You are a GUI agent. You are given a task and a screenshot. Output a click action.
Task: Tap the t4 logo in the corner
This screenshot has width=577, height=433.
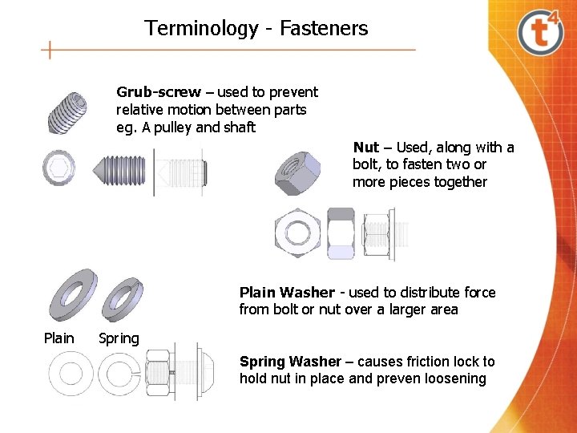(x=542, y=31)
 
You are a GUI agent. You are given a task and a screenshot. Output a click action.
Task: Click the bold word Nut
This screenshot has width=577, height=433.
(x=365, y=148)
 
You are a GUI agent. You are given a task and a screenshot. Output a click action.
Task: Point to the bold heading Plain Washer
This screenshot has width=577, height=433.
(x=287, y=293)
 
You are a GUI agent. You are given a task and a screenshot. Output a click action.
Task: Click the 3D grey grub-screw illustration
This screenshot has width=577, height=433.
(x=67, y=112)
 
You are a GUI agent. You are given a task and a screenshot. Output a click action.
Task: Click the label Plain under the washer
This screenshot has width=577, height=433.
(x=59, y=338)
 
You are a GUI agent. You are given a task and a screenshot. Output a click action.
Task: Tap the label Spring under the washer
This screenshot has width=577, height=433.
(x=119, y=338)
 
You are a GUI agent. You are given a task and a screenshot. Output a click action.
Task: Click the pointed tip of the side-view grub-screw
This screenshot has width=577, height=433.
(x=101, y=169)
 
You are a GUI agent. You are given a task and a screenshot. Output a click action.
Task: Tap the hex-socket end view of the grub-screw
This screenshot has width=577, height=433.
(x=59, y=168)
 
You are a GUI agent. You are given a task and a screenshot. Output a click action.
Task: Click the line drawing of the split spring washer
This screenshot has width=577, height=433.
(x=118, y=372)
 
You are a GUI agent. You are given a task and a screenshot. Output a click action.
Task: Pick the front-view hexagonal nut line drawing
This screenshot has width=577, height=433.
(x=298, y=233)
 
